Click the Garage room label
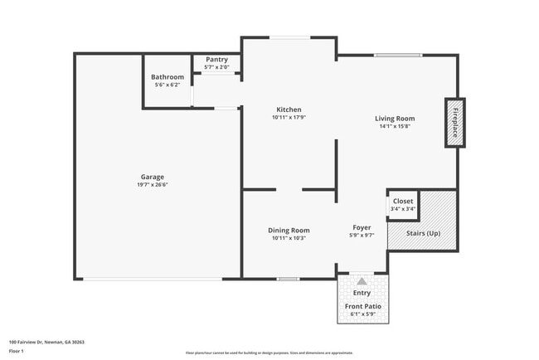pos(152,177)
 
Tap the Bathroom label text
pos(168,77)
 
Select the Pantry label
pos(216,60)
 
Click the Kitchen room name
pos(289,109)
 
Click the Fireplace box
pos(454,123)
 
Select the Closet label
pos(403,201)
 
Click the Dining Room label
pos(289,230)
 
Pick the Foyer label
pos(362,226)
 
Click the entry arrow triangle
pos(362,282)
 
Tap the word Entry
pos(362,293)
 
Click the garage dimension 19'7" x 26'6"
pos(152,185)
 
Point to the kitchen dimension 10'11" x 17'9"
pos(289,118)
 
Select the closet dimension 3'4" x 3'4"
pos(403,209)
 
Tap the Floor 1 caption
pos(17,351)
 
